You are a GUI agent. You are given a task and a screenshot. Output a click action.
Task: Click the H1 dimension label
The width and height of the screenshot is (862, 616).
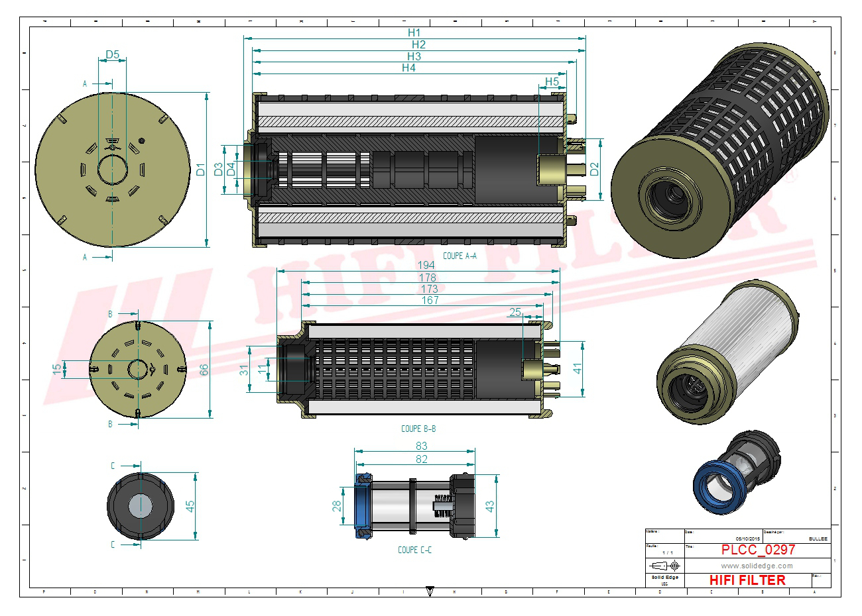(414, 32)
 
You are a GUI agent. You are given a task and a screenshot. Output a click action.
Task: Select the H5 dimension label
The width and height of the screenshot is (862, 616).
(552, 81)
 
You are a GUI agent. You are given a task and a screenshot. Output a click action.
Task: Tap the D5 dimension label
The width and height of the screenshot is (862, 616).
(113, 55)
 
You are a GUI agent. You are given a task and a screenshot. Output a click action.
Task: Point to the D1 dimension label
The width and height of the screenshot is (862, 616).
(201, 169)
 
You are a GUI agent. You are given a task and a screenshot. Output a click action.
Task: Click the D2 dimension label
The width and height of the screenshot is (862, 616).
(594, 169)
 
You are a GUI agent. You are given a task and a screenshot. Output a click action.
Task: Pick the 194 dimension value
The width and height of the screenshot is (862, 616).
(426, 266)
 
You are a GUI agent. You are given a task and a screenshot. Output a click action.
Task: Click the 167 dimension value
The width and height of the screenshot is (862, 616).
(430, 301)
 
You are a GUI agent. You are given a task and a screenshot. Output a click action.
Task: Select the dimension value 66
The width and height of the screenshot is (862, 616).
(204, 370)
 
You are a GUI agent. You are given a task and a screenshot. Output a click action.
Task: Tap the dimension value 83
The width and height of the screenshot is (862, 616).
(422, 446)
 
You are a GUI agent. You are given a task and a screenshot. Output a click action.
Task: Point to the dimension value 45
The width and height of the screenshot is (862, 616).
(190, 506)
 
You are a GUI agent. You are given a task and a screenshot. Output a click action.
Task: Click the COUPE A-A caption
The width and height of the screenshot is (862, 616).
(460, 256)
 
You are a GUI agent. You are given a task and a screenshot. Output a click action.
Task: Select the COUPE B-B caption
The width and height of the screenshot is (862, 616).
(418, 429)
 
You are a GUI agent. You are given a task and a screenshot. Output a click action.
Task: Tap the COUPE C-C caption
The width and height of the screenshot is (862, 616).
(414, 550)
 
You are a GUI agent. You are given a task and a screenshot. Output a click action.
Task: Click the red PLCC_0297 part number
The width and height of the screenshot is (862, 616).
(758, 550)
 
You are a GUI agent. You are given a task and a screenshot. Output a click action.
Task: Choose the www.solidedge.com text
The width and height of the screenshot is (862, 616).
(757, 566)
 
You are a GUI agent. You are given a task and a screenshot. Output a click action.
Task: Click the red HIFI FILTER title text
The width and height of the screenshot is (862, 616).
(747, 580)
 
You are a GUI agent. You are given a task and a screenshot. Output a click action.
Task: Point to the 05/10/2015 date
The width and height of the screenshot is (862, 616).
(747, 539)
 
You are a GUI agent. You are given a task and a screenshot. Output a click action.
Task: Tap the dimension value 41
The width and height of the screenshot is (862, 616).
(578, 369)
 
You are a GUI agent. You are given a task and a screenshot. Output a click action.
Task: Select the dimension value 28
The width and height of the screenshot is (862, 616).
(337, 506)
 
